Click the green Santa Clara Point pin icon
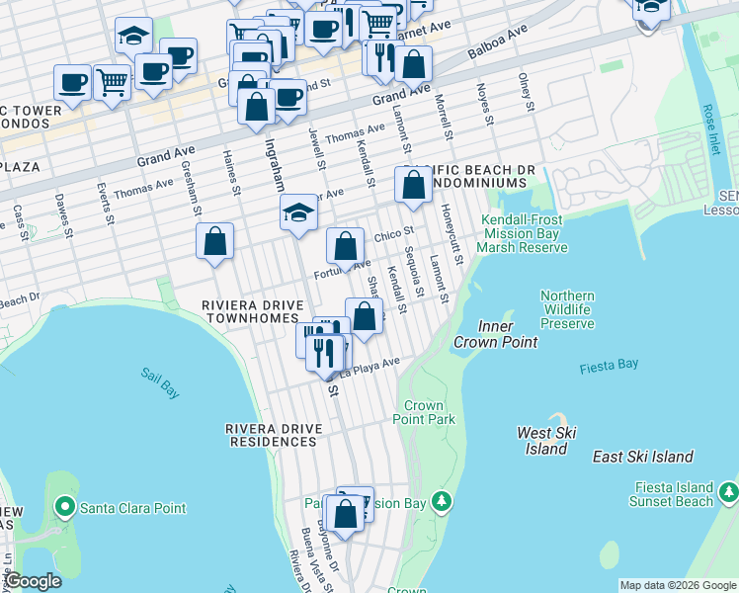click(x=65, y=508)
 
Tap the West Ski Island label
click(x=546, y=441)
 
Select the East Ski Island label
click(x=643, y=457)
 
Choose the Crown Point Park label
click(x=424, y=413)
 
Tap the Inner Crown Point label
click(x=495, y=334)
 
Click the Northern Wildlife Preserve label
click(x=568, y=309)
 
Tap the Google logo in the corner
click(x=33, y=581)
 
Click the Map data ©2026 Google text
click(x=678, y=585)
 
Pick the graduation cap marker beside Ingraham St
click(x=298, y=212)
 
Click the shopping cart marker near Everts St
click(x=113, y=83)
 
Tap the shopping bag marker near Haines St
click(x=214, y=241)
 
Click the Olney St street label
click(x=526, y=90)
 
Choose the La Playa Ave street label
click(x=369, y=369)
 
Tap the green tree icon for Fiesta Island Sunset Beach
click(x=729, y=491)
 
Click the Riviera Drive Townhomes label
click(x=250, y=311)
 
